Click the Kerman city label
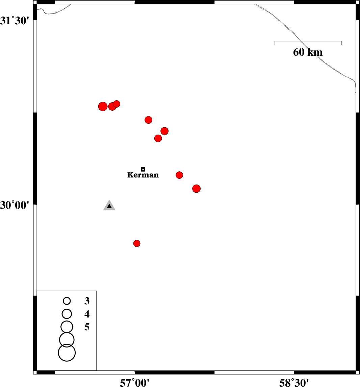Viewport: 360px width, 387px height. (143, 175)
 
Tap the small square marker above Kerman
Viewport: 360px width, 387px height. (143, 169)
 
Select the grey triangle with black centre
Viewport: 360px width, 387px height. (109, 205)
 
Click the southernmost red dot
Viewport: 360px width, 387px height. (137, 244)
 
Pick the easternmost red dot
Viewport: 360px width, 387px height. (196, 189)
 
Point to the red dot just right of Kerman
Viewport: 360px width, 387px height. (179, 175)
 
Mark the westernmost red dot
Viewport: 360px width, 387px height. (103, 106)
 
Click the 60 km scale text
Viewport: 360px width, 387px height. (308, 52)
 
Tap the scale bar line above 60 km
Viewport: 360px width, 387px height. (308, 41)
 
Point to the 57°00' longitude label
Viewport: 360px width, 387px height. (135, 383)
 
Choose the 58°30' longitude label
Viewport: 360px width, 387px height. (294, 383)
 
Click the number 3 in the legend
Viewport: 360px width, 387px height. (87, 301)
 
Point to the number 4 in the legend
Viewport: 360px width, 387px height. (87, 314)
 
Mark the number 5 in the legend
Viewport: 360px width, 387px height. (87, 327)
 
